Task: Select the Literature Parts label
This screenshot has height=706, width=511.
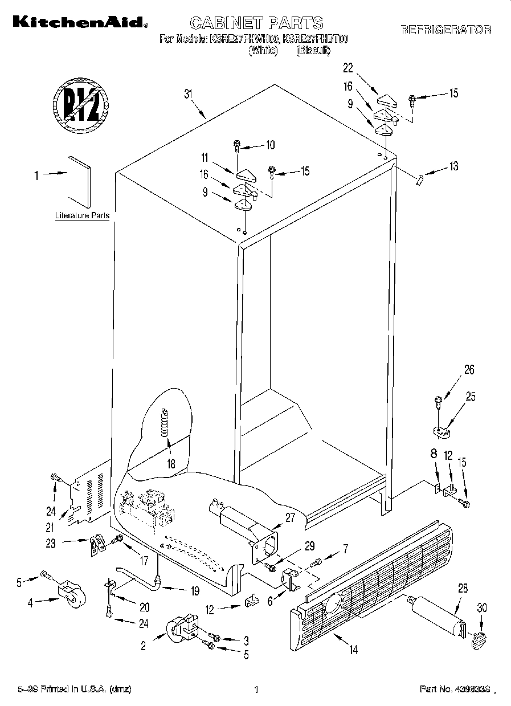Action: pyautogui.click(x=82, y=216)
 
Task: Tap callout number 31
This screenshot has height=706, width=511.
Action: pyautogui.click(x=189, y=95)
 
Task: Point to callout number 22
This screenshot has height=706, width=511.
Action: pyautogui.click(x=349, y=68)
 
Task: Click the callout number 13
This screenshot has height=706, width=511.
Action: pyautogui.click(x=453, y=166)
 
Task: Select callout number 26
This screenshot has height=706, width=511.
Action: pyautogui.click(x=469, y=370)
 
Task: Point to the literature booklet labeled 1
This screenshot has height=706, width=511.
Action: pyautogui.click(x=80, y=181)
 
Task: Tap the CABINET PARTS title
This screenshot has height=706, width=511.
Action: pyautogui.click(x=256, y=23)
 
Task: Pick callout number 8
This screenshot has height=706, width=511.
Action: pyautogui.click(x=434, y=455)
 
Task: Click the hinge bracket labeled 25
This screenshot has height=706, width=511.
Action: pyautogui.click(x=441, y=432)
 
